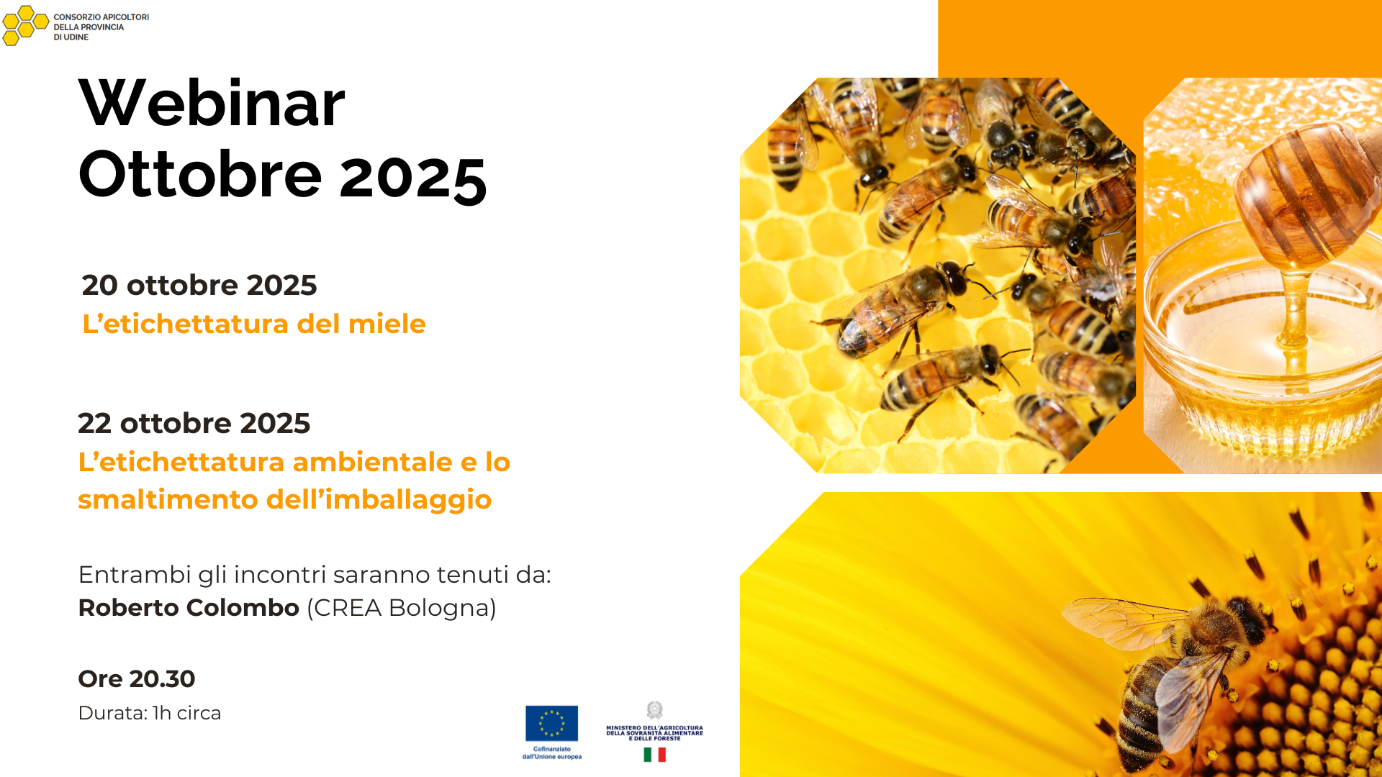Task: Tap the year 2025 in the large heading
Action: [413, 177]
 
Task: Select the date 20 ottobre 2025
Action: [199, 285]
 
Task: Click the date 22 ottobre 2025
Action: [194, 423]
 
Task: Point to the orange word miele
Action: [387, 324]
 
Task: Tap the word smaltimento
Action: [169, 499]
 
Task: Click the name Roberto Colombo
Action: [189, 608]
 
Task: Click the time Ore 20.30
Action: [137, 678]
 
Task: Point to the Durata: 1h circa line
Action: [150, 713]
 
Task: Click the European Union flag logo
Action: [551, 723]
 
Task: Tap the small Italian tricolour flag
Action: [654, 754]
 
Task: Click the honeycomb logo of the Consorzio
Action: [25, 26]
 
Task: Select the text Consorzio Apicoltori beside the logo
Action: [101, 17]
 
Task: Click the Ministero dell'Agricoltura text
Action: [654, 733]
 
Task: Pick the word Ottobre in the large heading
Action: [200, 175]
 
